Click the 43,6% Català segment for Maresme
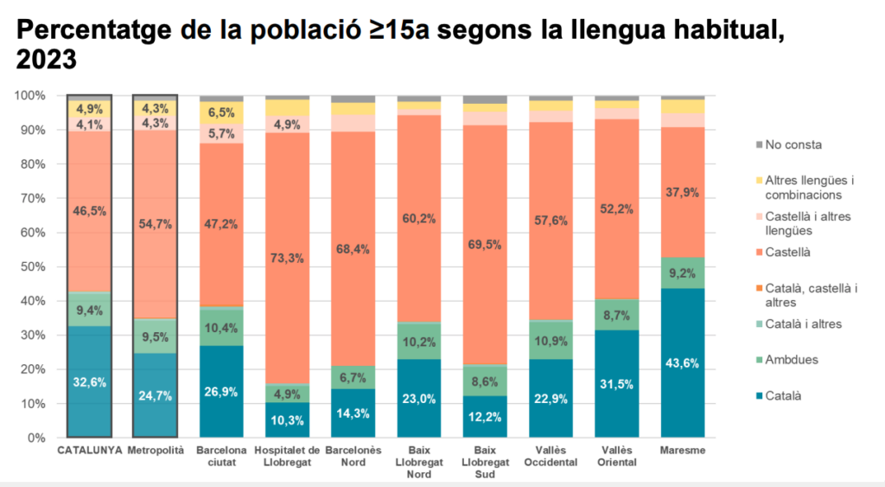[x=683, y=363]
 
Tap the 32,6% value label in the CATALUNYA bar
[x=89, y=381]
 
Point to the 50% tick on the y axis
[x=35, y=266]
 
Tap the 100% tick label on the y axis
[x=32, y=95]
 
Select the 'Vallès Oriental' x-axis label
[x=617, y=457]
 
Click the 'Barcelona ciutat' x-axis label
[x=221, y=457]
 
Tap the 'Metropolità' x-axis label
[x=156, y=452]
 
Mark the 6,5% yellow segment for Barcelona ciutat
[x=221, y=112]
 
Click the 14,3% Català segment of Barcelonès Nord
[x=353, y=413]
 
